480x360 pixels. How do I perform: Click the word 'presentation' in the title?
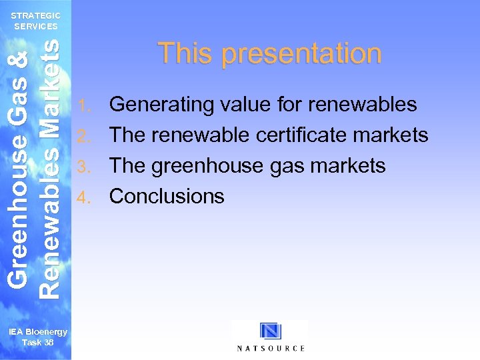(x=302, y=54)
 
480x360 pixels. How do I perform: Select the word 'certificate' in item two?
(x=311, y=135)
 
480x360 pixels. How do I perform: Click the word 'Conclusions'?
(x=167, y=196)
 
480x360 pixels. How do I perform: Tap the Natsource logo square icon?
(x=271, y=331)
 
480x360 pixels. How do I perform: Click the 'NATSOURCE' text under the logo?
(x=271, y=348)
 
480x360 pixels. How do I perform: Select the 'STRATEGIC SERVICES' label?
(x=36, y=21)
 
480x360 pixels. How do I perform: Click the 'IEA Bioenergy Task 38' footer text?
(x=37, y=337)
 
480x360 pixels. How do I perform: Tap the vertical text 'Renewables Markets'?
(x=50, y=167)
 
